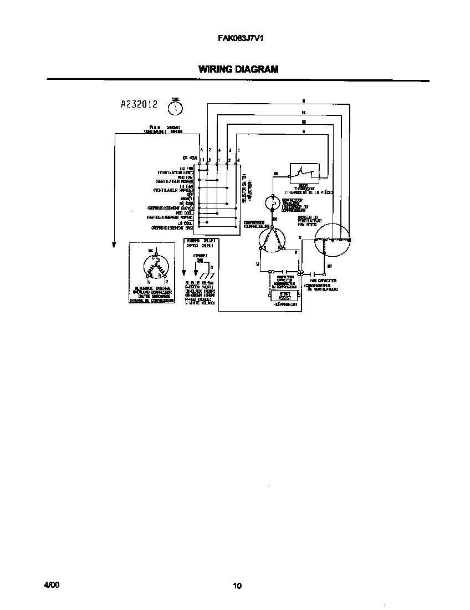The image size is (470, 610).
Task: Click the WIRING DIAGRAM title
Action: pyautogui.click(x=238, y=70)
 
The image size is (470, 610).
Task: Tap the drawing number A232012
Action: pyautogui.click(x=139, y=104)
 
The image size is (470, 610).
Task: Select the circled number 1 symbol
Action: pyautogui.click(x=176, y=108)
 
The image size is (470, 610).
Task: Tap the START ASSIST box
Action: pyautogui.click(x=285, y=296)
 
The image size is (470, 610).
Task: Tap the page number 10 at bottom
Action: pyautogui.click(x=237, y=586)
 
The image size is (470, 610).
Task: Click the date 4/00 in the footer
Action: pyautogui.click(x=51, y=585)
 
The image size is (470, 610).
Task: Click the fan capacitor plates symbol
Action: pyautogui.click(x=318, y=273)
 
